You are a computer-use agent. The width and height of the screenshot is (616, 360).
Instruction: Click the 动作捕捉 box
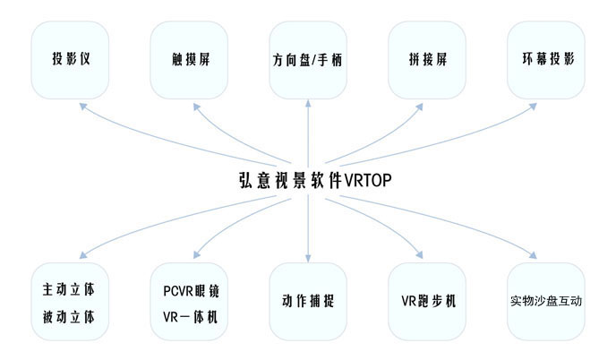(308, 301)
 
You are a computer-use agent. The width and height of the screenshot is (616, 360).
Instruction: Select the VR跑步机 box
(427, 301)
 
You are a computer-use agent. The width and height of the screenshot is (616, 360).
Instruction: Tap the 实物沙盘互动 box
(545, 301)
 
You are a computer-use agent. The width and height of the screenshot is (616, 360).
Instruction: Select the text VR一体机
(189, 315)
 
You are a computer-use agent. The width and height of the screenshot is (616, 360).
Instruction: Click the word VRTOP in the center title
(362, 180)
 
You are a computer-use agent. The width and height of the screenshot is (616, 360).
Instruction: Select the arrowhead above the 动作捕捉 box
(308, 257)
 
